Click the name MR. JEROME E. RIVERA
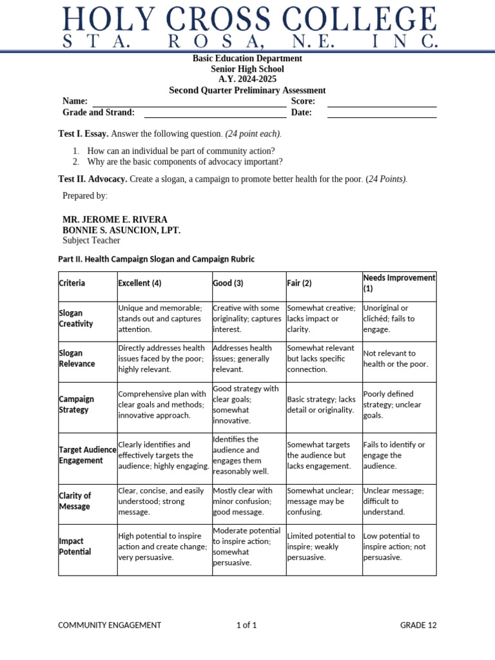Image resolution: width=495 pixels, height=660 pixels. point(115,219)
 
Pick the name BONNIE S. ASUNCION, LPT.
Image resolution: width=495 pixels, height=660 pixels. point(121,230)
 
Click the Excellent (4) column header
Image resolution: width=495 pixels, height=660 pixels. point(140,283)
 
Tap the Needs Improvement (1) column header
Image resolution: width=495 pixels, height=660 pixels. point(399,282)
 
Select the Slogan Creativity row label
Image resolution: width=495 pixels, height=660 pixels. point(76,318)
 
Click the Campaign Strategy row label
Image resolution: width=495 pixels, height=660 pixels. point(76,404)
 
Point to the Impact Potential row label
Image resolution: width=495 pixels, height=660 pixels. point(75,547)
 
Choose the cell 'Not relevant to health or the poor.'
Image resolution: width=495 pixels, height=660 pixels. point(396,358)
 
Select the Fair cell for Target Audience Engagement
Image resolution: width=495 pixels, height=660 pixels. point(319,455)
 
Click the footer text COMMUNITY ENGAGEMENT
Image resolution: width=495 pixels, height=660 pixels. point(110,625)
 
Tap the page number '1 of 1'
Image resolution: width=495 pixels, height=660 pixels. point(246,625)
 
